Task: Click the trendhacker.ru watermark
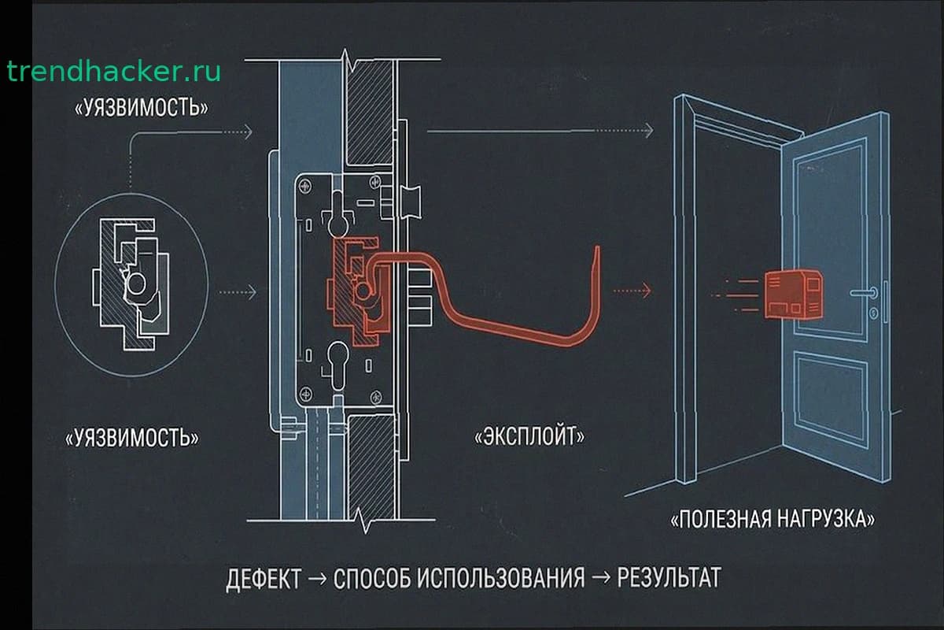tap(114, 72)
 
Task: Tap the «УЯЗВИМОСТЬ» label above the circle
tap(141, 109)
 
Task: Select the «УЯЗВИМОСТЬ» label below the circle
tap(131, 439)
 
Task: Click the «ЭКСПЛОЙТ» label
tap(529, 437)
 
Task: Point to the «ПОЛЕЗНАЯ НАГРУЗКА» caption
tap(773, 520)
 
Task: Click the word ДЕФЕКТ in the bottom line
tap(264, 578)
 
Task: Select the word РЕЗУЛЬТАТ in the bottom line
tap(669, 577)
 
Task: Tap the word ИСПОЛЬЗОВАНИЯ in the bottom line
tap(501, 578)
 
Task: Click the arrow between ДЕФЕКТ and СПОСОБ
tap(318, 579)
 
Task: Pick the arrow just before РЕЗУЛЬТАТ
tap(601, 578)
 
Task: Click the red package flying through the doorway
tap(793, 294)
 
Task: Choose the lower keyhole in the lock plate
tap(338, 365)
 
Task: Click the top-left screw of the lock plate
tap(306, 186)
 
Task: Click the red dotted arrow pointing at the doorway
tap(632, 291)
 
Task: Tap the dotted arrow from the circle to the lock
tap(237, 292)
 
